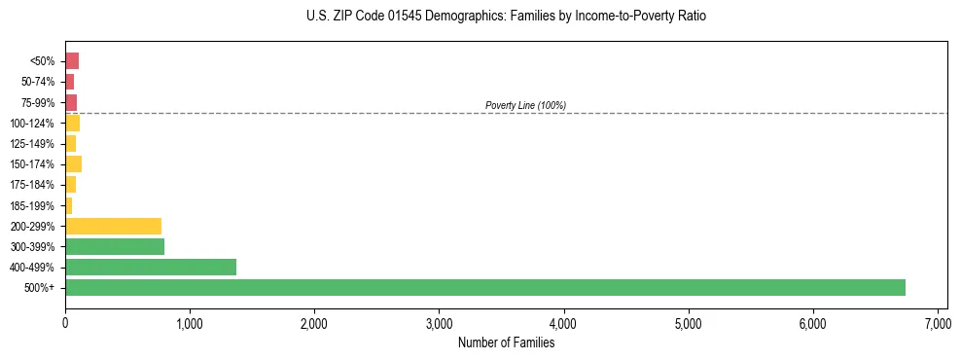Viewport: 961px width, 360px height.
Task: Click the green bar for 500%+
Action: pos(484,287)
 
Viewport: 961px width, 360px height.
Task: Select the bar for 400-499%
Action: pos(151,267)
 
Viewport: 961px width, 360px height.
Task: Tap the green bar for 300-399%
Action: pos(115,246)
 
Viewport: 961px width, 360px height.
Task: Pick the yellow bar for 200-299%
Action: pos(113,226)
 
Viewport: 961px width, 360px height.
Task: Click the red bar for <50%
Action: pos(72,61)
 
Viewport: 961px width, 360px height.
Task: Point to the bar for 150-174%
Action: pos(73,163)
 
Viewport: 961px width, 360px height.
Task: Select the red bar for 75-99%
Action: pos(71,102)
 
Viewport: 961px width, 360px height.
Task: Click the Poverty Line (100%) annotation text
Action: pos(525,105)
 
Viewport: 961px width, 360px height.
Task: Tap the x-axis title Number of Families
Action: pos(506,342)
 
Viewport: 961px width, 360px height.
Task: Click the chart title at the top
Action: pos(506,17)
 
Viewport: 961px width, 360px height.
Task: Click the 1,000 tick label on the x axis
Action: pos(190,323)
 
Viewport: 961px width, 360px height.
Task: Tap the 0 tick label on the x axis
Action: pos(65,323)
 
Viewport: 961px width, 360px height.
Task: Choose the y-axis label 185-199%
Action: pos(33,205)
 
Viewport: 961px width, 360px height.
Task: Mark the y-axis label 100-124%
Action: pos(33,124)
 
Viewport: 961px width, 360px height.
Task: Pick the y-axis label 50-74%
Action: pos(37,82)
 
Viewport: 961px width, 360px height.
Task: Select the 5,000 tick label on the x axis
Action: pos(688,323)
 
